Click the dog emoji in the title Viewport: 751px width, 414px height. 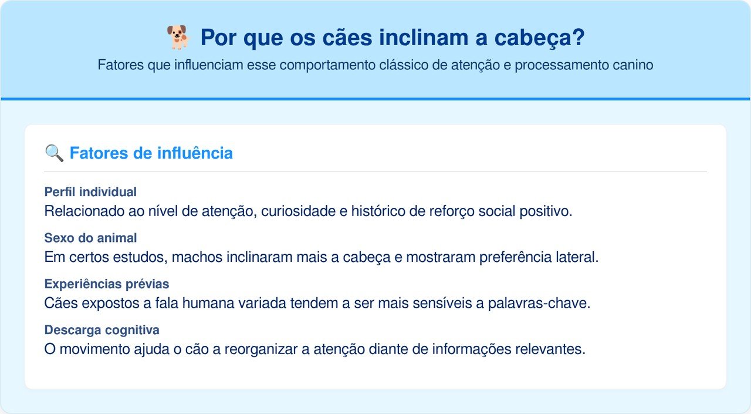click(x=179, y=37)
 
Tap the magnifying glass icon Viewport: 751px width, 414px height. click(x=54, y=153)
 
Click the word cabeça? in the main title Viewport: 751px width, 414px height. click(x=539, y=38)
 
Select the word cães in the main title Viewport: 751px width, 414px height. click(x=347, y=37)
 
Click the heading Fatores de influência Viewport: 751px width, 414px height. click(x=151, y=153)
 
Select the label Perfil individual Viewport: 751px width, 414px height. click(x=90, y=192)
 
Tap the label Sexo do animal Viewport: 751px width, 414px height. click(x=90, y=238)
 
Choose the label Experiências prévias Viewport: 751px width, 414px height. click(x=107, y=284)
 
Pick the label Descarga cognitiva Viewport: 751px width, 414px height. click(x=102, y=330)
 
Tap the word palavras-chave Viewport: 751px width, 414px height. click(x=539, y=303)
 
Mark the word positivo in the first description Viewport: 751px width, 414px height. click(x=546, y=211)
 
